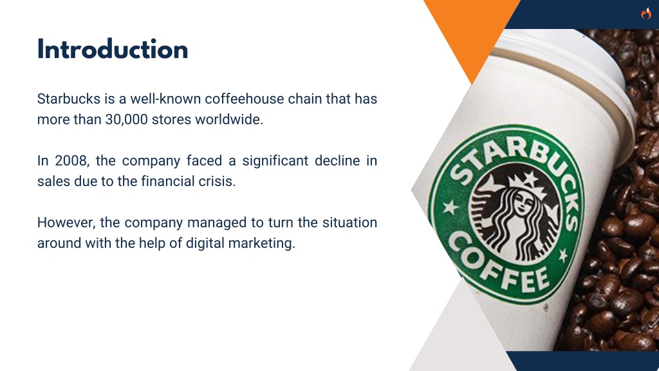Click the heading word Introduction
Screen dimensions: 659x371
tap(113, 50)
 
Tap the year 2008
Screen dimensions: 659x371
tap(71, 160)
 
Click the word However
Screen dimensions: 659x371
tap(66, 222)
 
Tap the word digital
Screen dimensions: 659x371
tap(205, 243)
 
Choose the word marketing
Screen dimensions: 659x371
tap(262, 243)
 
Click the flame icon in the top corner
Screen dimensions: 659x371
tap(646, 14)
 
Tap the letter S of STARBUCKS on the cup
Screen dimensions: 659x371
tap(461, 173)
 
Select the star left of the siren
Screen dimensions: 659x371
tap(451, 207)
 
